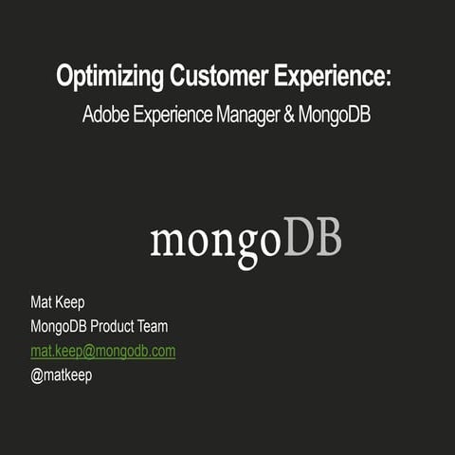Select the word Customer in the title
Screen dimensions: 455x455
[x=214, y=78]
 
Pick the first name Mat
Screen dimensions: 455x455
[x=42, y=303]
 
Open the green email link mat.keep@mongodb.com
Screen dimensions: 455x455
[x=102, y=351]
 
